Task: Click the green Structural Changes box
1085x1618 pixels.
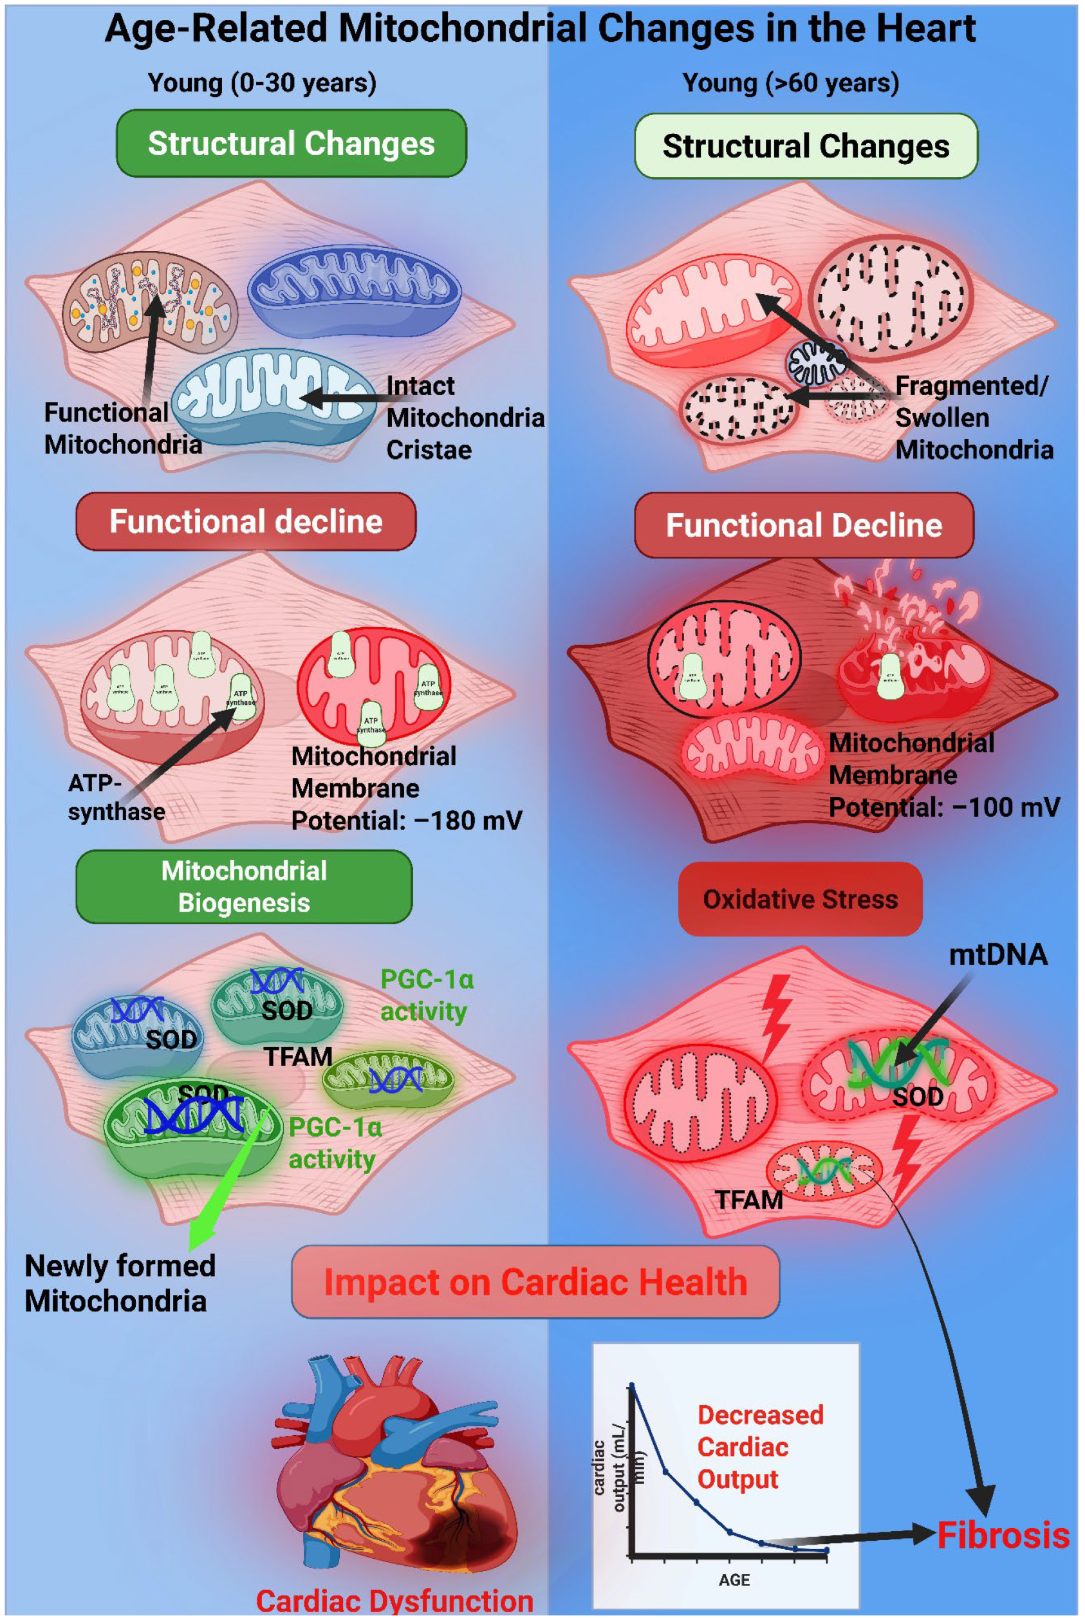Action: [x=292, y=144]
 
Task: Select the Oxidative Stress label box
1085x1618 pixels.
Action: [x=800, y=899]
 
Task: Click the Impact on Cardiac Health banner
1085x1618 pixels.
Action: [x=535, y=1281]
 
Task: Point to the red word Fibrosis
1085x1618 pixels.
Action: [x=1003, y=1536]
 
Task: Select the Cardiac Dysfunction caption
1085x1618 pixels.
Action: [x=394, y=1601]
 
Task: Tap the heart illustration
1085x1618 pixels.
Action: [x=394, y=1467]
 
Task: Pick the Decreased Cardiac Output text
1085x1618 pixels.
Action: [x=759, y=1447]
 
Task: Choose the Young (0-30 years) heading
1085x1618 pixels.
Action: [x=261, y=83]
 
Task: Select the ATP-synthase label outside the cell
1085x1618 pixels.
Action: [x=116, y=797]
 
